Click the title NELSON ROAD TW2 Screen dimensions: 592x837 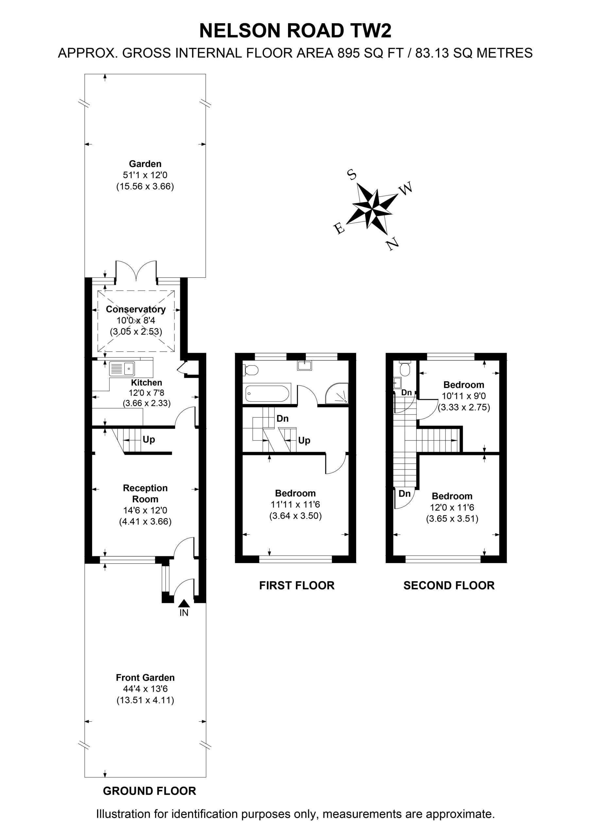click(295, 31)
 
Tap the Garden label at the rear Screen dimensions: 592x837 click(145, 164)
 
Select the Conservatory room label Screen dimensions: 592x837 click(136, 309)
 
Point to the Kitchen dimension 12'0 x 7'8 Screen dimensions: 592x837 click(146, 393)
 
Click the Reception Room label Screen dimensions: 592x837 click(145, 494)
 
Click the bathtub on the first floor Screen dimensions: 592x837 click(267, 394)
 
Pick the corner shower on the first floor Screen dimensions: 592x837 click(337, 393)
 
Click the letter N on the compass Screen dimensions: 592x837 click(392, 243)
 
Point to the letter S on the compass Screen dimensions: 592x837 click(352, 175)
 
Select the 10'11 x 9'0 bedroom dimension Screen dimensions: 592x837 click(463, 396)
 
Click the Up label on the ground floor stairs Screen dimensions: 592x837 click(149, 440)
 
